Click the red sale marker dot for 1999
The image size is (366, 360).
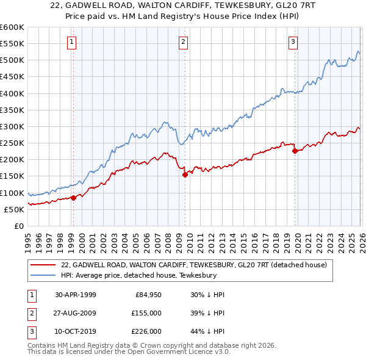tap(73, 198)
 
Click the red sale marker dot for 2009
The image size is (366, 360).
tap(185, 175)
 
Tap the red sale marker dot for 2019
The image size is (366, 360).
tap(294, 151)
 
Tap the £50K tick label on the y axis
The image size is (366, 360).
tap(15, 209)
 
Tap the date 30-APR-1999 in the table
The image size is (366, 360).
tap(75, 295)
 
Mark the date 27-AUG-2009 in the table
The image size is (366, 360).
tap(75, 313)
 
